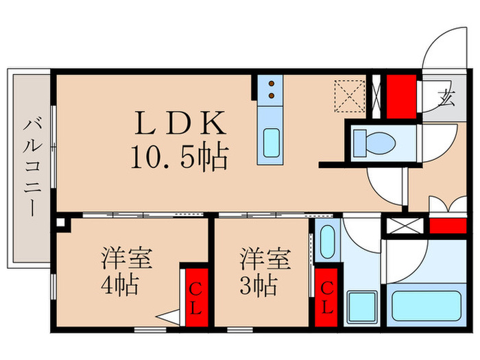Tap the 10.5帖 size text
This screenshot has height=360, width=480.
click(180, 158)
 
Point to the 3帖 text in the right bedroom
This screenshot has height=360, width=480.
click(259, 284)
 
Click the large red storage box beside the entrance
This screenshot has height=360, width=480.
click(400, 95)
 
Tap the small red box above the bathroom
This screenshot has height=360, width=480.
click(447, 226)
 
